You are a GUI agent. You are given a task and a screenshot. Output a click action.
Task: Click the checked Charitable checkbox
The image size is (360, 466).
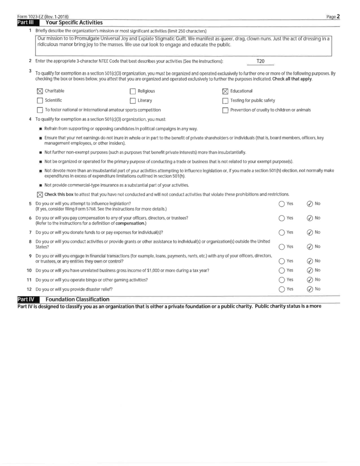(39, 90)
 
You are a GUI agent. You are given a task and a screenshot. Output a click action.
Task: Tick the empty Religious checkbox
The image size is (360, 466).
(133, 90)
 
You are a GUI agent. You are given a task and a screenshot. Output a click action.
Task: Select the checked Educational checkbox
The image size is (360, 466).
(225, 90)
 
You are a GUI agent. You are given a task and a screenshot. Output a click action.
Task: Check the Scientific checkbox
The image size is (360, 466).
(39, 100)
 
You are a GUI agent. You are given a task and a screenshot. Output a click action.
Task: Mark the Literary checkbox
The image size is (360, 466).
(133, 100)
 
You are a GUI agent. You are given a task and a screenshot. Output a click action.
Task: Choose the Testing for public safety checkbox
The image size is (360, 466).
(225, 100)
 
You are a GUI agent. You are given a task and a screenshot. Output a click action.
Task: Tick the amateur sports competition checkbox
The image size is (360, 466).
(39, 109)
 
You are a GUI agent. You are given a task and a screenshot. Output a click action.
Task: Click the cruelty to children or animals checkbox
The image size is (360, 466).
(225, 109)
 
